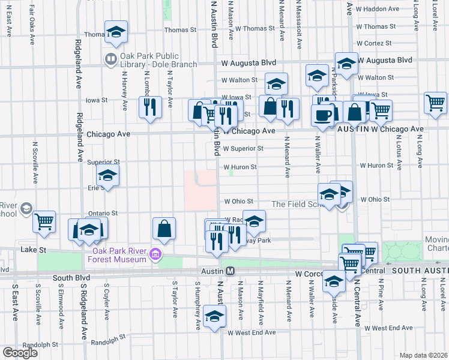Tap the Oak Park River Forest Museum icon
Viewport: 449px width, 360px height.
(x=155, y=254)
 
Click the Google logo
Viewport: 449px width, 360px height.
(x=20, y=352)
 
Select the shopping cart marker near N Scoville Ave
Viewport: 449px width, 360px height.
(x=44, y=222)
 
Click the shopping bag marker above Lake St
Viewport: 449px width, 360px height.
(x=164, y=229)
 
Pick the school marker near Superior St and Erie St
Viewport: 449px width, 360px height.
(x=108, y=176)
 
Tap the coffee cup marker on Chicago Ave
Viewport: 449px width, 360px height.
(x=322, y=115)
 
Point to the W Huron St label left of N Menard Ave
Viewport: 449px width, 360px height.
(x=240, y=168)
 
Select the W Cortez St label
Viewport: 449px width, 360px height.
(x=373, y=44)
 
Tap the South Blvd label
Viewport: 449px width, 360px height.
(x=71, y=278)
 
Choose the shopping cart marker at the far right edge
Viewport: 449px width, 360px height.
(x=435, y=103)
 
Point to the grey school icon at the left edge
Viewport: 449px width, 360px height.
(x=26, y=208)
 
